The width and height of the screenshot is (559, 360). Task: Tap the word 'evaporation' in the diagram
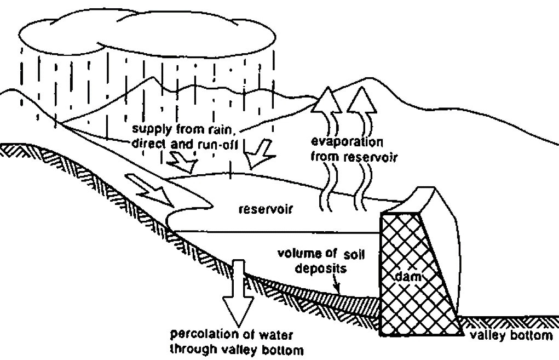pyautogui.click(x=346, y=141)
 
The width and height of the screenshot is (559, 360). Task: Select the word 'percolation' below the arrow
pyautogui.click(x=206, y=334)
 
